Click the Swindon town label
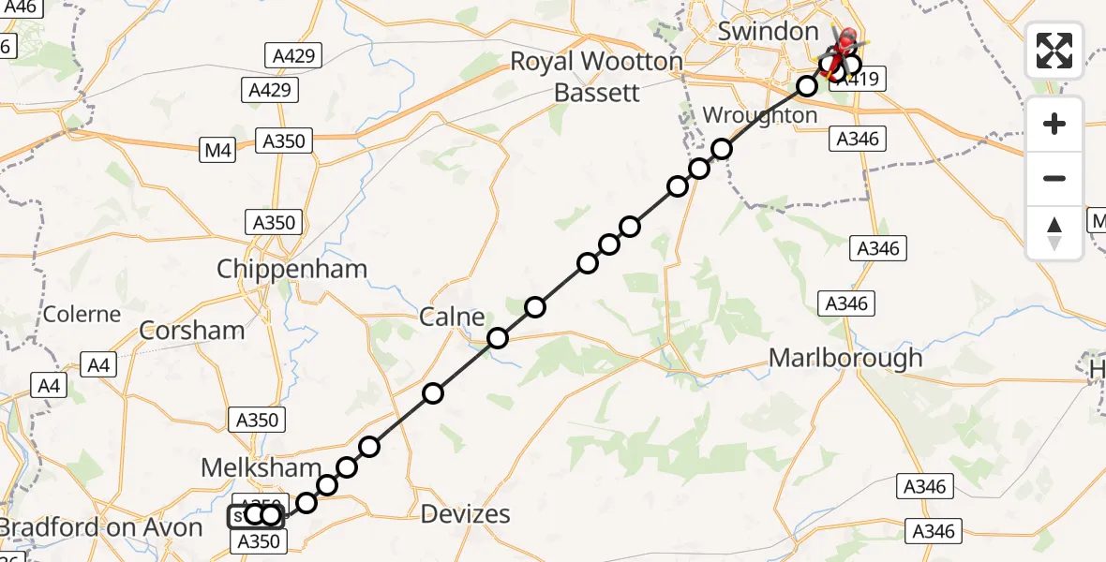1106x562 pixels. [x=768, y=31]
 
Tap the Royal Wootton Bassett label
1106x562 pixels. [x=596, y=78]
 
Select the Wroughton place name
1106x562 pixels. [x=759, y=115]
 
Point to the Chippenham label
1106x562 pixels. [x=291, y=270]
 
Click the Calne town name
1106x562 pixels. [x=452, y=317]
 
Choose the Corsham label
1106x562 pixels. [x=191, y=330]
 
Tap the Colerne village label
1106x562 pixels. [x=82, y=314]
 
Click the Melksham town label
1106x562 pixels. [x=262, y=467]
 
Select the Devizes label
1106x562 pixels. [x=465, y=513]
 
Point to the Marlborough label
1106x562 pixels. [x=845, y=358]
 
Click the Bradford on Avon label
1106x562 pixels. [x=101, y=527]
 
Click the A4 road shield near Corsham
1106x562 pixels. [x=99, y=364]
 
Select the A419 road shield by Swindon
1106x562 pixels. [x=858, y=80]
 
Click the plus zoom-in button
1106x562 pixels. [x=1054, y=124]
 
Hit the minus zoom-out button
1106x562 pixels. [x=1054, y=178]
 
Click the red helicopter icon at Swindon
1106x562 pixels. [x=845, y=40]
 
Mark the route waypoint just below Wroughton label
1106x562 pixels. [x=722, y=149]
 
